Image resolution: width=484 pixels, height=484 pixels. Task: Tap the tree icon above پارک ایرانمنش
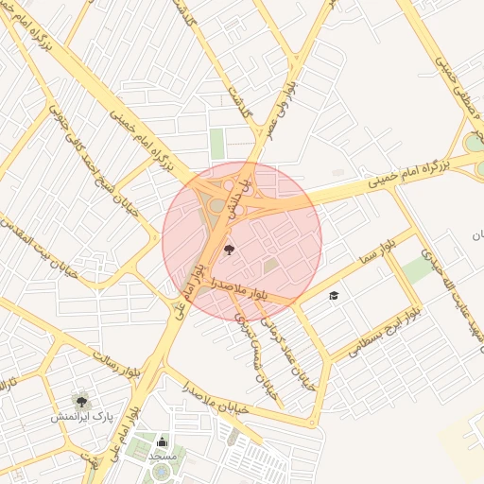pos(81,398)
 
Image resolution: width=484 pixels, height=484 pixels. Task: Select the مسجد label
pos(162,456)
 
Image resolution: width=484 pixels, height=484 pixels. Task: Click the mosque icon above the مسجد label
pos(162,441)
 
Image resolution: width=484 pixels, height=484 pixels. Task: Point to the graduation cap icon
pos(333,296)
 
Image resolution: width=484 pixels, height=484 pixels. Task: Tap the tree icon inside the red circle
pos(229,251)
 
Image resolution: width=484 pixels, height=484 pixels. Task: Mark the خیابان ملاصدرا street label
pos(220,402)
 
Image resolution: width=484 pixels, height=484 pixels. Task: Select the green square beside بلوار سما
pos(419,269)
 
